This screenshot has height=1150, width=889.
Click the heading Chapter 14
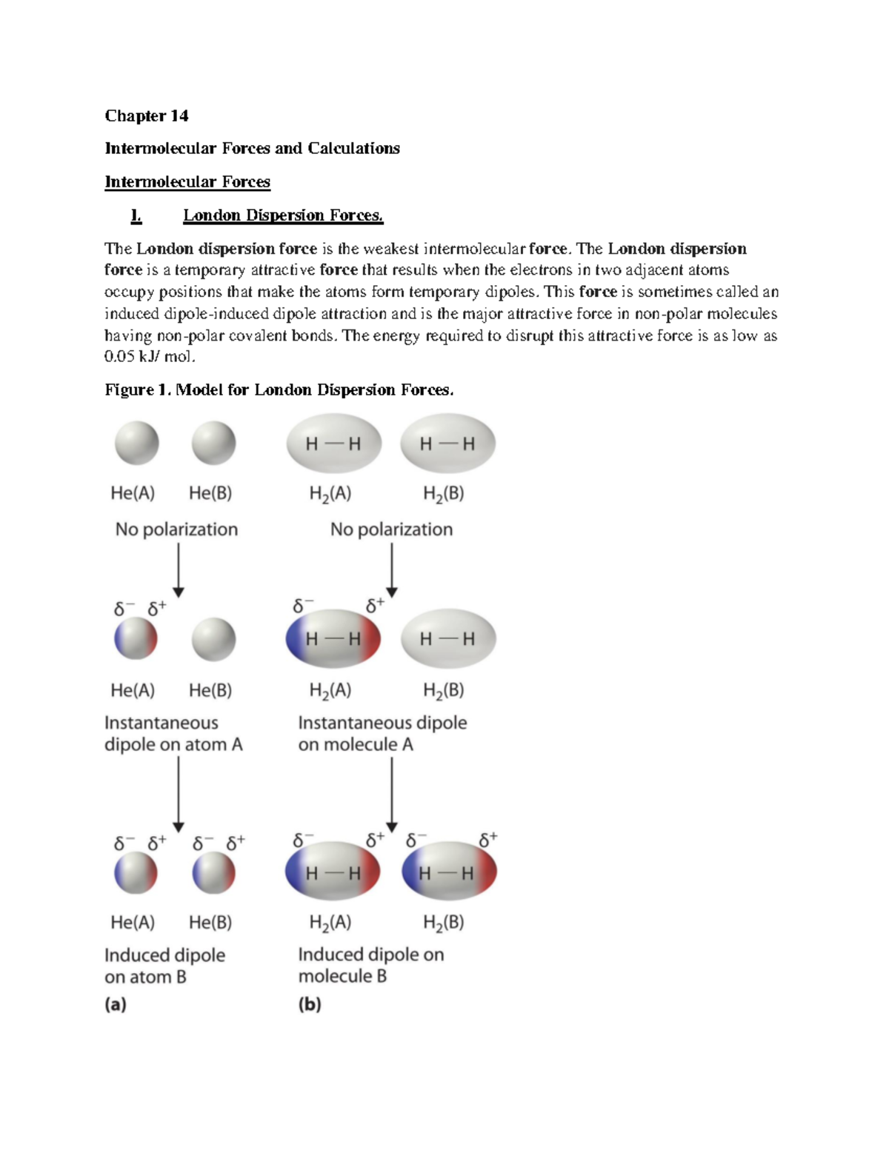[x=146, y=116]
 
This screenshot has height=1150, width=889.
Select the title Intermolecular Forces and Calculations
[x=252, y=148]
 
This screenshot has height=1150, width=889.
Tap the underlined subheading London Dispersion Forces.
[x=283, y=215]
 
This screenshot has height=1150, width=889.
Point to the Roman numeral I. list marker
[x=136, y=215]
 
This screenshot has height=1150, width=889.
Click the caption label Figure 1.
[x=138, y=390]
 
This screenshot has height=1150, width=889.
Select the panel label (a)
[x=116, y=1004]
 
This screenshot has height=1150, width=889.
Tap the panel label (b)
[x=310, y=1004]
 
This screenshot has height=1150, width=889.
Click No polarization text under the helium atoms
[x=176, y=529]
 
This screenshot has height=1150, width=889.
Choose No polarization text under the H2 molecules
[x=391, y=529]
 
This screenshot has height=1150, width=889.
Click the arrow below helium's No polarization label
[x=178, y=570]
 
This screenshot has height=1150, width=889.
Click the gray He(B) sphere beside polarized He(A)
[x=213, y=640]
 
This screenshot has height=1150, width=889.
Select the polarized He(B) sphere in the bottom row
[x=213, y=873]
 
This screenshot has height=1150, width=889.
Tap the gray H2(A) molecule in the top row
[x=333, y=444]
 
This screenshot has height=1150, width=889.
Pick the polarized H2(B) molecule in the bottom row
[x=448, y=872]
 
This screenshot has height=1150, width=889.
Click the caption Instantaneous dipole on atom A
[x=173, y=733]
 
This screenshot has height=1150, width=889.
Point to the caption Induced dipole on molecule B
[x=370, y=965]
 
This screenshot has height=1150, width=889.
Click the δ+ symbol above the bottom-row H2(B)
[x=488, y=840]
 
